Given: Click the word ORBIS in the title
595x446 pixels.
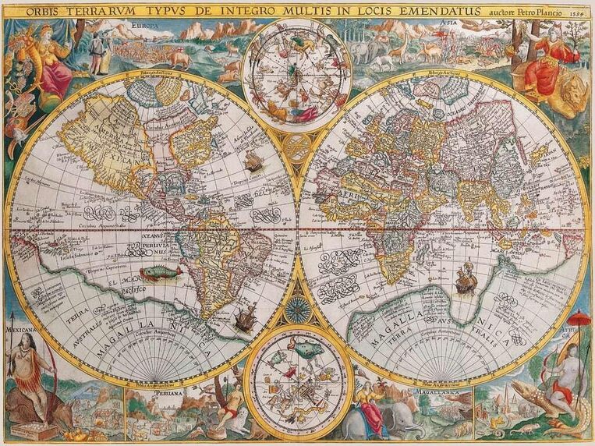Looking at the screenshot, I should [45, 12].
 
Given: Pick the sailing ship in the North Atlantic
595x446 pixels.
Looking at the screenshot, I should [253, 161].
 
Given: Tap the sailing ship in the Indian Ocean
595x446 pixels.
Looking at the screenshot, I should [466, 279].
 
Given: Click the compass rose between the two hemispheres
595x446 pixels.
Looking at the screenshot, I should [297, 310].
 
